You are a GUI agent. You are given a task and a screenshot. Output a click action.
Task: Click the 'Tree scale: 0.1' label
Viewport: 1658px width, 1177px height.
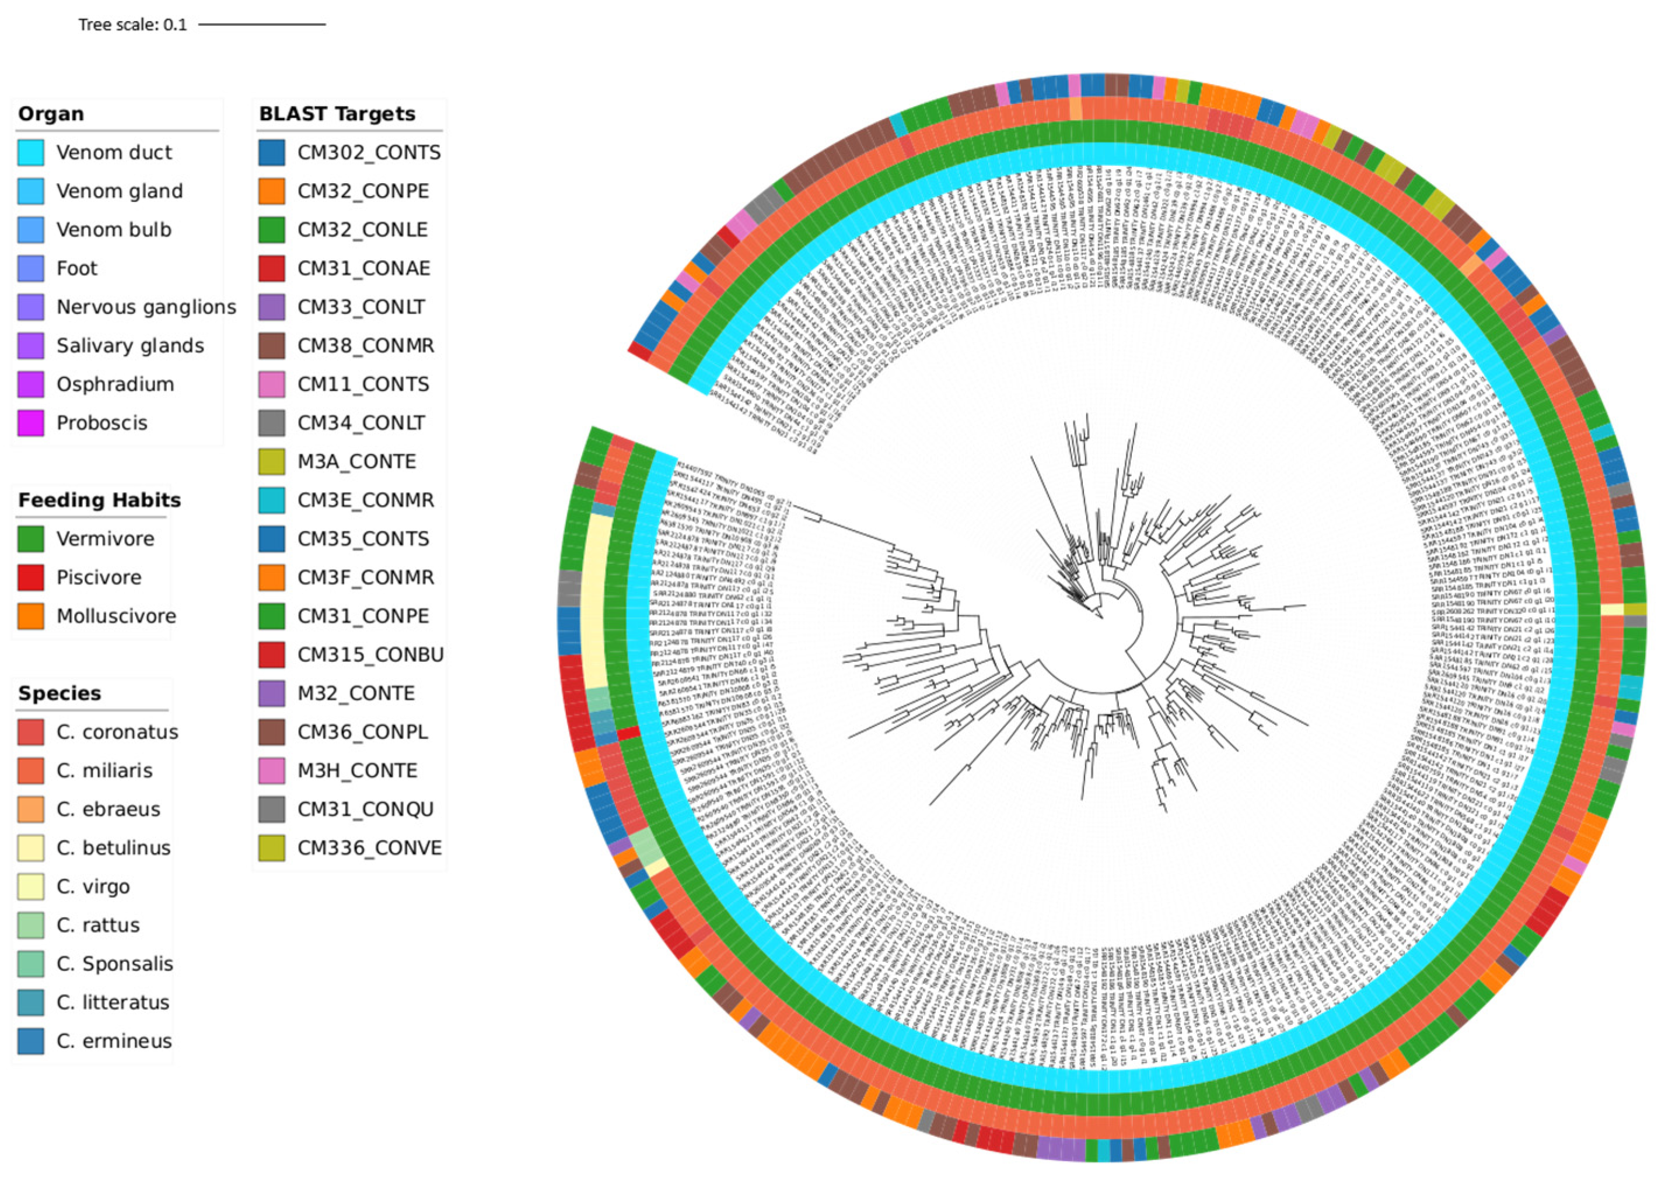(132, 24)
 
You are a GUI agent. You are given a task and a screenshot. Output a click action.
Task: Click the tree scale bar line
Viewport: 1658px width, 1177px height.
(262, 24)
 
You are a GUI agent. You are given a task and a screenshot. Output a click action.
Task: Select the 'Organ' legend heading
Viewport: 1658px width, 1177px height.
(51, 114)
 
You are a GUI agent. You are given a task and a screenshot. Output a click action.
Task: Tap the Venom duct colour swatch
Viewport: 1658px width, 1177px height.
(31, 153)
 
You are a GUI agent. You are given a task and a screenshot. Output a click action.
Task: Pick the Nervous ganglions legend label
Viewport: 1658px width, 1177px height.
(146, 307)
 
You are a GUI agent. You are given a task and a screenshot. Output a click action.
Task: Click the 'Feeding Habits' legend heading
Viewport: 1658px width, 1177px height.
(99, 500)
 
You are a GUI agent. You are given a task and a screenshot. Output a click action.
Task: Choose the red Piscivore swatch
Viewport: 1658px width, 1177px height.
(31, 577)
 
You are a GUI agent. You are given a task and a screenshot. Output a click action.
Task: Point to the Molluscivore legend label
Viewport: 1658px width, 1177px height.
(116, 616)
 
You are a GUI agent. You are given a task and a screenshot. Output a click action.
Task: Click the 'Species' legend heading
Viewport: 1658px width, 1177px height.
(60, 693)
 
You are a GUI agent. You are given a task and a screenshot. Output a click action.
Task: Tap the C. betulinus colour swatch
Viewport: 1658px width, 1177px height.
(31, 848)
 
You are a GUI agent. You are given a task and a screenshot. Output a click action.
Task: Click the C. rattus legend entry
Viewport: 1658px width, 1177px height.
(98, 926)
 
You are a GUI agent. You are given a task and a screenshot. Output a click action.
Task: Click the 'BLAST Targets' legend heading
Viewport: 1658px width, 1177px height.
(337, 114)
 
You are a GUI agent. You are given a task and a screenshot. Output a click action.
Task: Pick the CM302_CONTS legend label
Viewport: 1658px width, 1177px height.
(368, 153)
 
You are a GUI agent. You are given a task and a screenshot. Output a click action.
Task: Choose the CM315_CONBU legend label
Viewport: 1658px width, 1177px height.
(370, 655)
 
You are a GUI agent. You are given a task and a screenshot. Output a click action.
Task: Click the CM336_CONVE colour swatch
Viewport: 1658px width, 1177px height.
(272, 848)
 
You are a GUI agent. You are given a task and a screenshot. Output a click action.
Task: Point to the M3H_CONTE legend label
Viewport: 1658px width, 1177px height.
(356, 771)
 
